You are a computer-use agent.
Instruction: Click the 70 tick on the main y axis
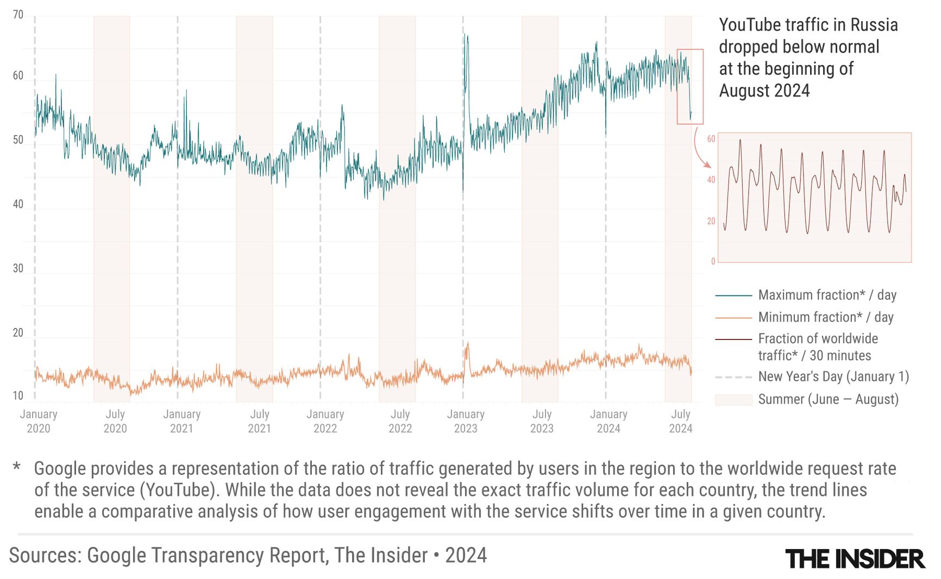click(x=18, y=15)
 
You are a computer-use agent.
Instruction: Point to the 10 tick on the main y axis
click(x=18, y=396)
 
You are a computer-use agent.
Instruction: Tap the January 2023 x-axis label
click(x=466, y=421)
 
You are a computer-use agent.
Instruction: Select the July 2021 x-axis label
click(x=259, y=421)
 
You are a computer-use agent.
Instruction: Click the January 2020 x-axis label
click(x=39, y=421)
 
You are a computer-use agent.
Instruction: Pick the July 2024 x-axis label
click(x=680, y=421)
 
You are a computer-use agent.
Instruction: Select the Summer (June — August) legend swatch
click(x=733, y=400)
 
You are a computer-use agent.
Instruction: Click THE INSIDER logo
click(x=855, y=559)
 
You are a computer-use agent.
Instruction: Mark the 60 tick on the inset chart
click(x=711, y=139)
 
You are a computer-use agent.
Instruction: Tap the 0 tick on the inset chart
click(x=713, y=261)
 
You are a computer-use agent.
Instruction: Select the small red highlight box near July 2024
click(x=690, y=87)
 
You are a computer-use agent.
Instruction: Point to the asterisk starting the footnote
click(x=17, y=467)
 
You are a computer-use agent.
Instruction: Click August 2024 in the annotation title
click(x=764, y=91)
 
